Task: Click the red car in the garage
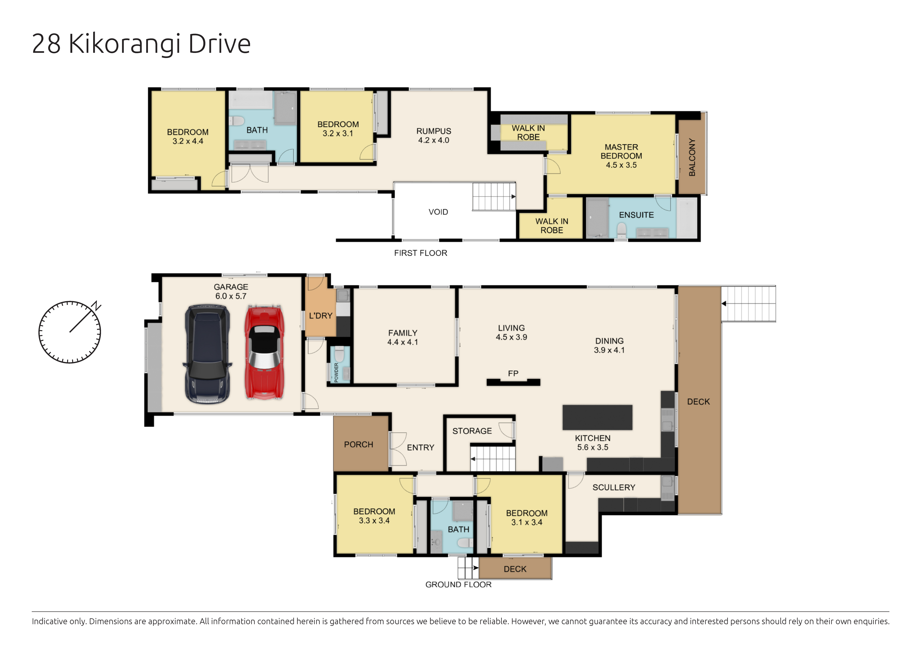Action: click(265, 353)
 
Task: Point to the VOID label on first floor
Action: click(438, 212)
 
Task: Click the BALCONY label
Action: click(692, 157)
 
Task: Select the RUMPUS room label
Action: click(434, 131)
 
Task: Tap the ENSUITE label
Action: click(636, 215)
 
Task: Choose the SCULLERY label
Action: click(614, 487)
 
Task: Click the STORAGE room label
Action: click(472, 431)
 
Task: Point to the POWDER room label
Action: click(336, 373)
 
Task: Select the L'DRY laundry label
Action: click(320, 316)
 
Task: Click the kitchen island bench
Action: click(597, 417)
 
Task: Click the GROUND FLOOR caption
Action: click(459, 584)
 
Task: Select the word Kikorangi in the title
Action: click(125, 44)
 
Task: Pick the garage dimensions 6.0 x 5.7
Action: click(231, 296)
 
